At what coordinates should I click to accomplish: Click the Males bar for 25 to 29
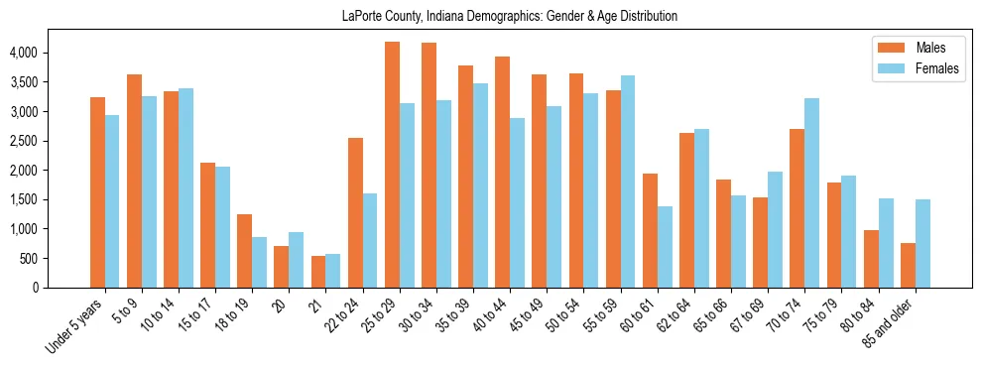coord(392,165)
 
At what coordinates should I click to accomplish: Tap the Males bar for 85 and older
coord(908,265)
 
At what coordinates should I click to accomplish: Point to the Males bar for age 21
coord(318,272)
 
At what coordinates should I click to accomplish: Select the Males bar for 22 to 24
coord(355,213)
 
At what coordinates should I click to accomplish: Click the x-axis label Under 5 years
coord(77,326)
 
